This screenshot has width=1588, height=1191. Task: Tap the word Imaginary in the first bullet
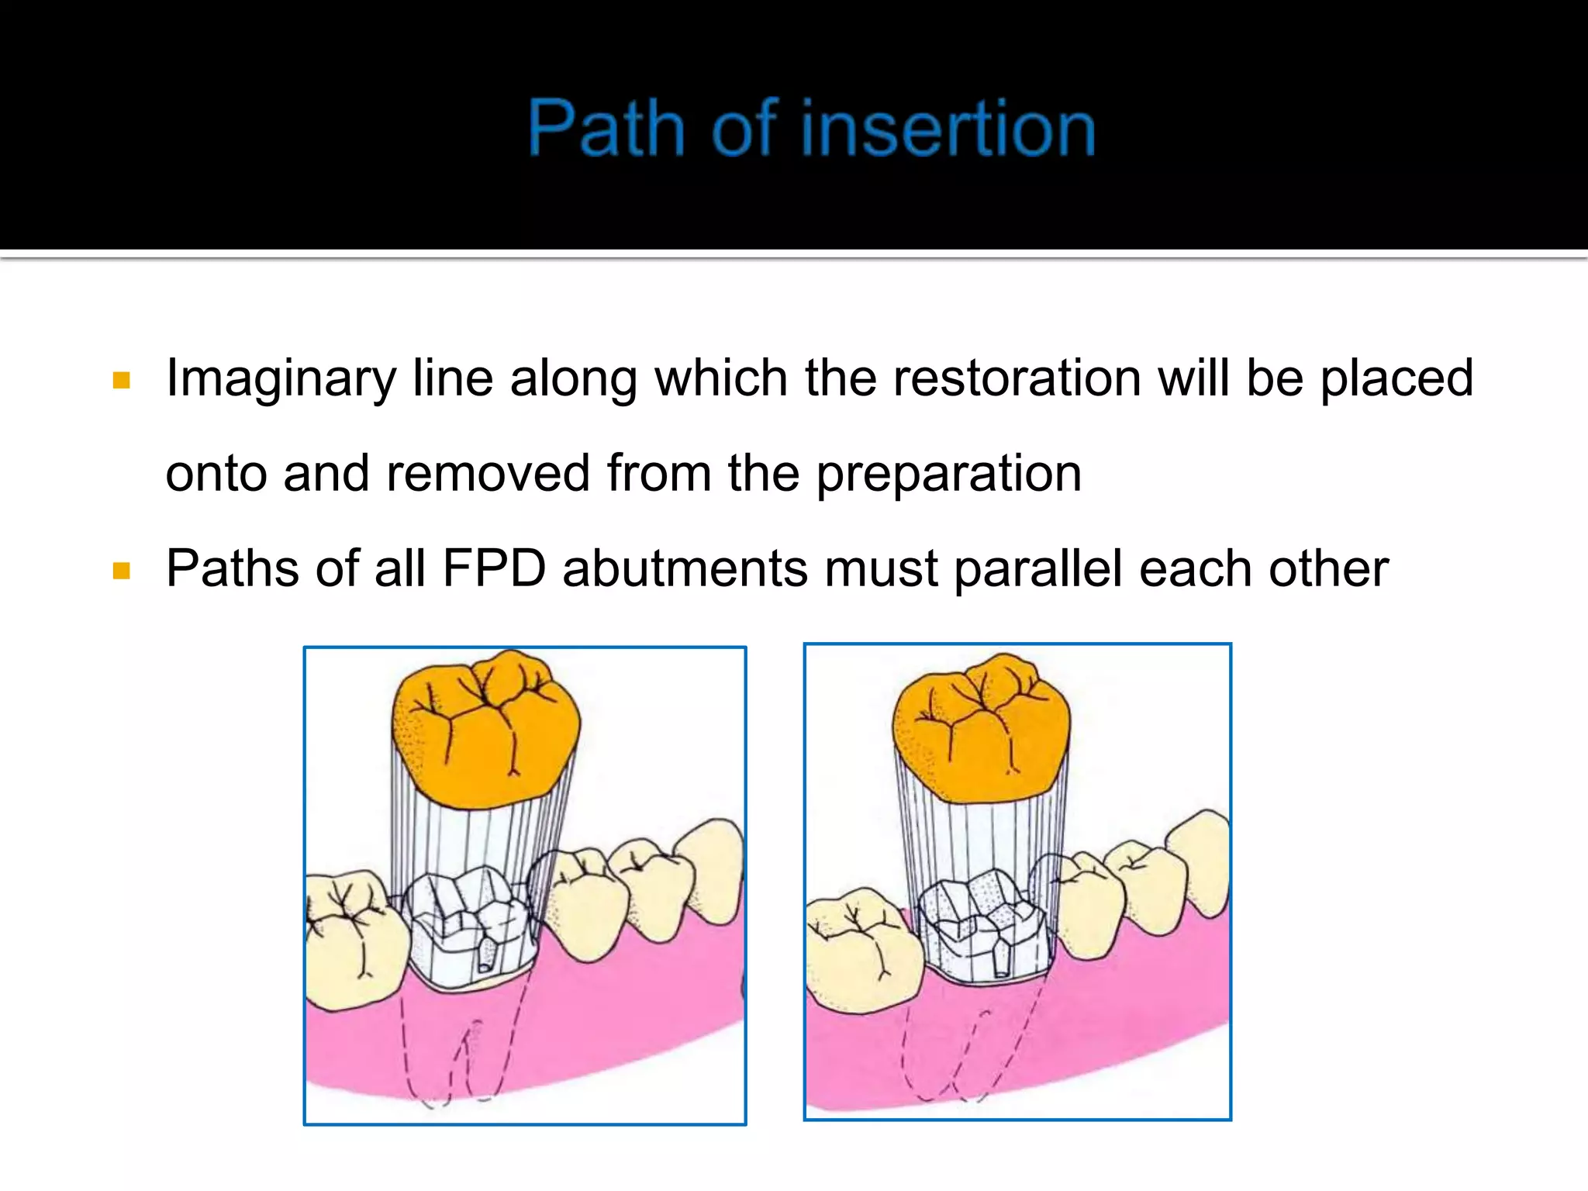[281, 379]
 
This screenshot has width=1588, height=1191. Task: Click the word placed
[1396, 379]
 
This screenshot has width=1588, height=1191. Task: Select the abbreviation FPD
[494, 568]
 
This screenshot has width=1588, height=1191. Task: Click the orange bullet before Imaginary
[121, 380]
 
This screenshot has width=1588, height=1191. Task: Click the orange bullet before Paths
[121, 571]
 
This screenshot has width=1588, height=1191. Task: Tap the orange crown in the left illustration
[485, 729]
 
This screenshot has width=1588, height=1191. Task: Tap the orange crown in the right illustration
[981, 729]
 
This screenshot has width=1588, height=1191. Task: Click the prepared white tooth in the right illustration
[981, 930]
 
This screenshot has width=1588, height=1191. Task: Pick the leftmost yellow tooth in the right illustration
[861, 954]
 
